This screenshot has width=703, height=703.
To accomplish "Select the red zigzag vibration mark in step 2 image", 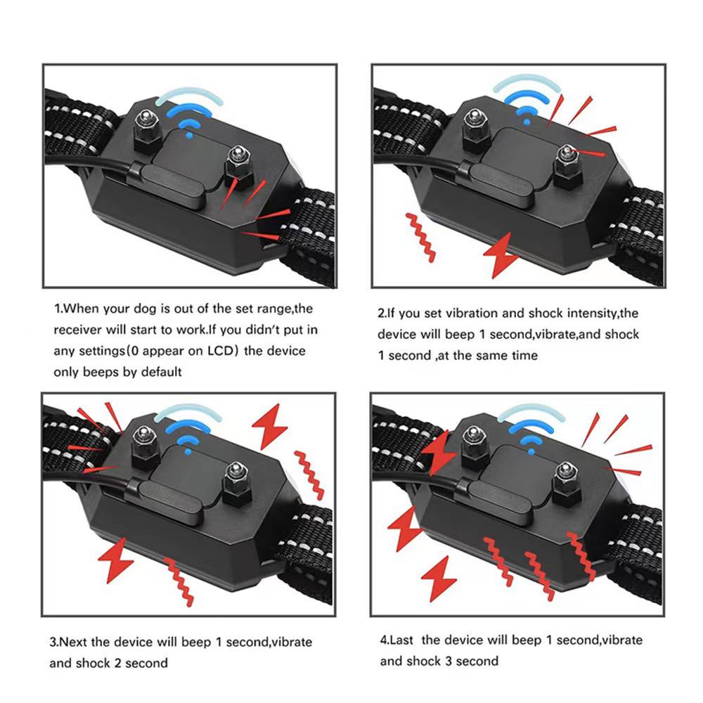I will (420, 236).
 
